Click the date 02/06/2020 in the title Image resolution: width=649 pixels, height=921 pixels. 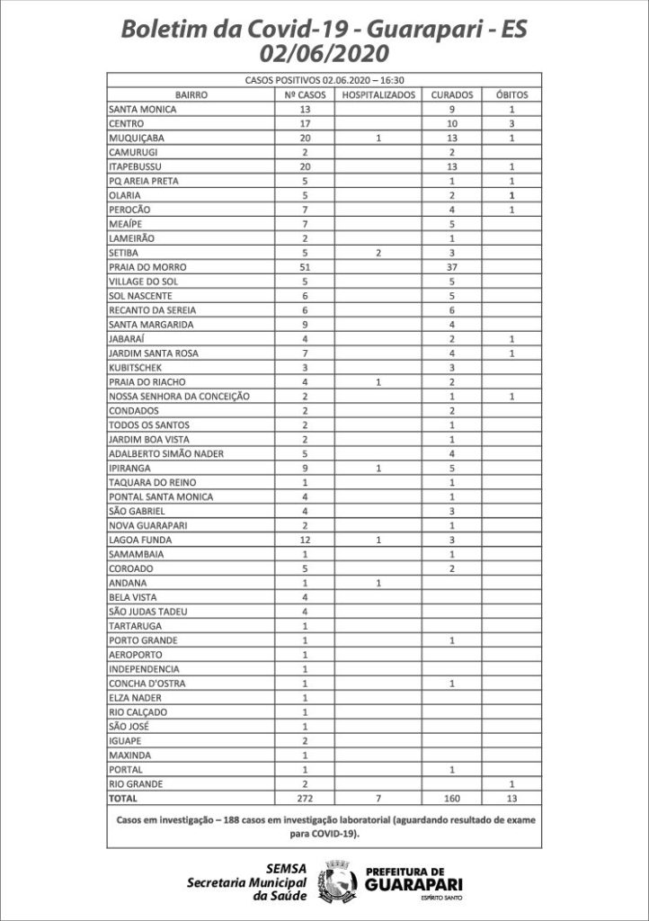click(x=325, y=53)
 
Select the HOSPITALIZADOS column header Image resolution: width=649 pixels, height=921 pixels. click(x=378, y=94)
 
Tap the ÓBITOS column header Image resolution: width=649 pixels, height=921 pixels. click(x=511, y=94)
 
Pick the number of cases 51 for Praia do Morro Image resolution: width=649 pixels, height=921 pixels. click(x=305, y=267)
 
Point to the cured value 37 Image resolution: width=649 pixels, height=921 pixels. click(x=453, y=267)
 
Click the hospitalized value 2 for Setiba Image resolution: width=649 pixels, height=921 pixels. click(x=378, y=253)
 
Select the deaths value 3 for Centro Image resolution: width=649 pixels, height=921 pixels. click(x=511, y=123)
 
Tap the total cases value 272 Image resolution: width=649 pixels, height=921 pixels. click(x=305, y=799)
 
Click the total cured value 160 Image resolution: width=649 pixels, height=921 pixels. click(x=453, y=799)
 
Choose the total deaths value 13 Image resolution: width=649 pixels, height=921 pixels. click(x=511, y=799)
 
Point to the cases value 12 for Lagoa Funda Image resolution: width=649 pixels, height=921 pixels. click(x=305, y=540)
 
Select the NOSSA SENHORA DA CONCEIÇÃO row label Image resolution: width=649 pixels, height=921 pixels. click(x=177, y=397)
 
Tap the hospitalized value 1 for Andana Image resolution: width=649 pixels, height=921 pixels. click(x=378, y=583)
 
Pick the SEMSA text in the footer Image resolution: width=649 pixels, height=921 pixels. click(x=288, y=867)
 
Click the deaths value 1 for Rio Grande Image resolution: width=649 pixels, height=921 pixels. click(x=511, y=784)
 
